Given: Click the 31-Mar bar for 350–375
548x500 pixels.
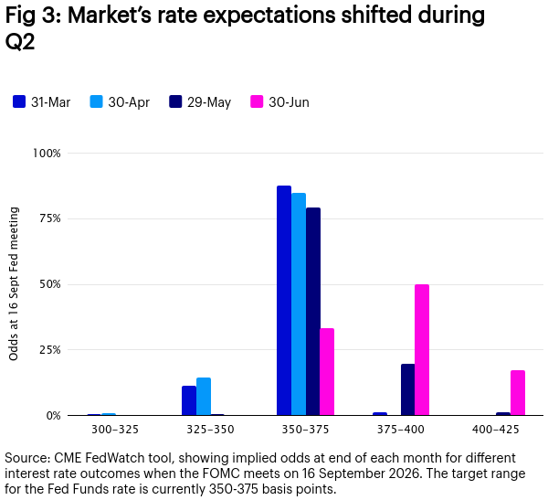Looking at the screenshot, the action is (x=284, y=301).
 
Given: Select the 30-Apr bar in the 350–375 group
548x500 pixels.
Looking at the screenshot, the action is (x=299, y=304).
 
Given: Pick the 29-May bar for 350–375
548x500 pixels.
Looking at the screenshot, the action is (x=312, y=312).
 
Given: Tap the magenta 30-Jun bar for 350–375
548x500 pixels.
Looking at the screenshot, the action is (x=327, y=372).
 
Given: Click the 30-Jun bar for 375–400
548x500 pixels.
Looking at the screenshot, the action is (x=422, y=350).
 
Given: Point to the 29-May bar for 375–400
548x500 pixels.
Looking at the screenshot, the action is (x=408, y=389).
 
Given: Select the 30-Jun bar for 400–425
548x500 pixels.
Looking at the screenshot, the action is (x=518, y=393).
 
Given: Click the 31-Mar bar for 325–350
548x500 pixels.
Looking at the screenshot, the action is (x=189, y=400).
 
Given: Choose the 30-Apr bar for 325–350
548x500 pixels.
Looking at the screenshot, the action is (x=204, y=397).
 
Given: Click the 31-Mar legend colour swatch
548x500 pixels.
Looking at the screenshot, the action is (x=19, y=101).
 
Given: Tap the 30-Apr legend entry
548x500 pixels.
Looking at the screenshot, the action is (x=120, y=102).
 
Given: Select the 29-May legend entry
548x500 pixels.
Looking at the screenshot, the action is (x=200, y=102).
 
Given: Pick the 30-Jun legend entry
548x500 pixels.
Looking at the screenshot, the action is (x=280, y=102).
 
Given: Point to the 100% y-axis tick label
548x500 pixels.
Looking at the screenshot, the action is (x=47, y=154).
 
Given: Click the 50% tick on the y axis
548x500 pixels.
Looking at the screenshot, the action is (x=50, y=284).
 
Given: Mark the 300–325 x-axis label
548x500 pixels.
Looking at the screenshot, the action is (x=115, y=430).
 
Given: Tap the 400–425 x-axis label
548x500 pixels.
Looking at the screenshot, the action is (x=496, y=430).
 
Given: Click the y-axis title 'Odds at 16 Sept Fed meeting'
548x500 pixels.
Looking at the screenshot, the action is (x=14, y=283).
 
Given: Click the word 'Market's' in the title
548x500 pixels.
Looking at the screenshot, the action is (x=110, y=16).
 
